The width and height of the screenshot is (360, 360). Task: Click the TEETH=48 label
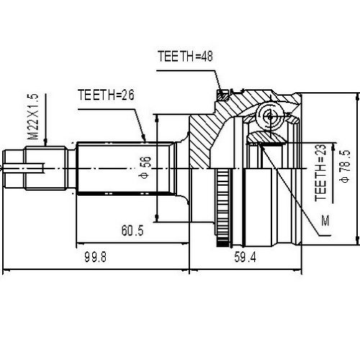point(186,54)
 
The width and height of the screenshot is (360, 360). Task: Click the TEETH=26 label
point(107,94)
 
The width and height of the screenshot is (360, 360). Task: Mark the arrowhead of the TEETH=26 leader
point(146,141)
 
